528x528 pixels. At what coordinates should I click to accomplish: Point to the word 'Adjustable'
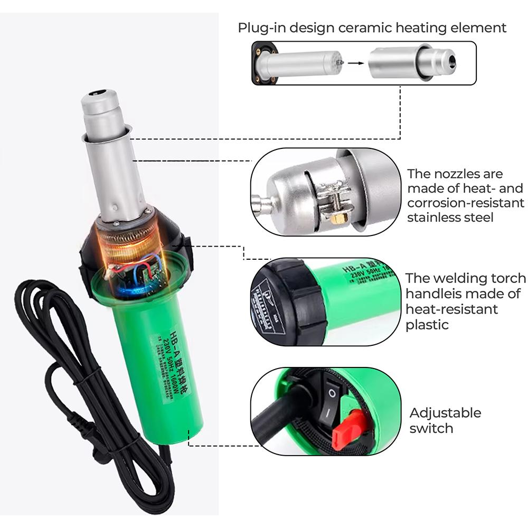445,412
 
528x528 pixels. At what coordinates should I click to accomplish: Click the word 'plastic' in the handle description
427,324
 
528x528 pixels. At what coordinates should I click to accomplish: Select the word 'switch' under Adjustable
431,428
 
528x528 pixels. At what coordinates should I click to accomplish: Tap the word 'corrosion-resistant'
465,203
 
